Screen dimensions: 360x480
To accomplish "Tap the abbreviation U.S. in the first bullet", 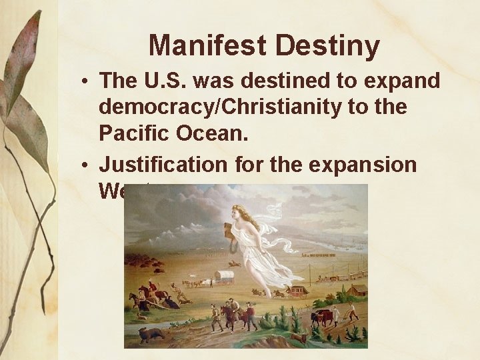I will pos(169,81).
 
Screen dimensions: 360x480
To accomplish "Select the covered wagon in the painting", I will pos(225,276).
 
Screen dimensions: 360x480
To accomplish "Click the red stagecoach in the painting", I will pos(298,291).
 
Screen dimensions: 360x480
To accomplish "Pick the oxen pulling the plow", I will pos(324,317).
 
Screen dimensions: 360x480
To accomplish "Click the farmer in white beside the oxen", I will pos(351,311).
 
